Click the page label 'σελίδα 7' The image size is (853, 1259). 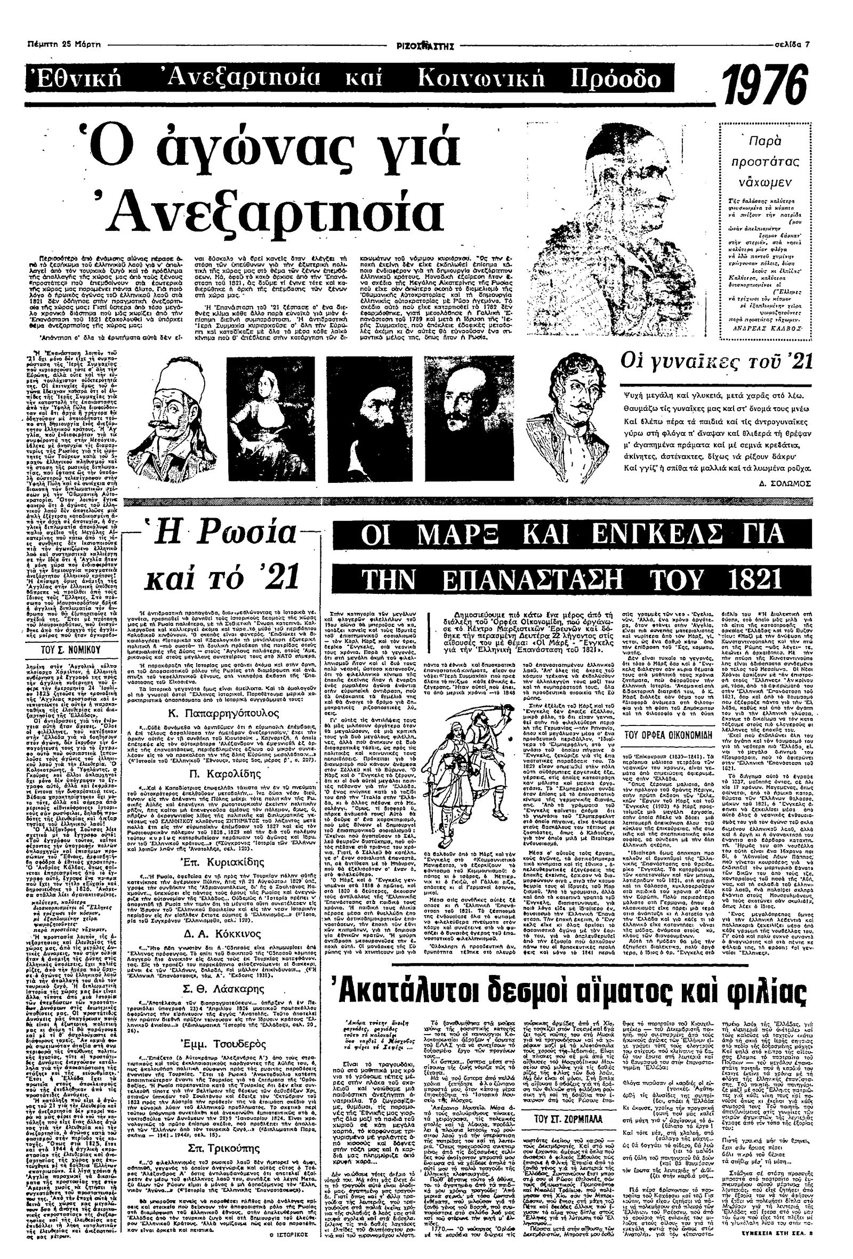[x=791, y=44]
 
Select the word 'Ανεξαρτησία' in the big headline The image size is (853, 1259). [x=275, y=208]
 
